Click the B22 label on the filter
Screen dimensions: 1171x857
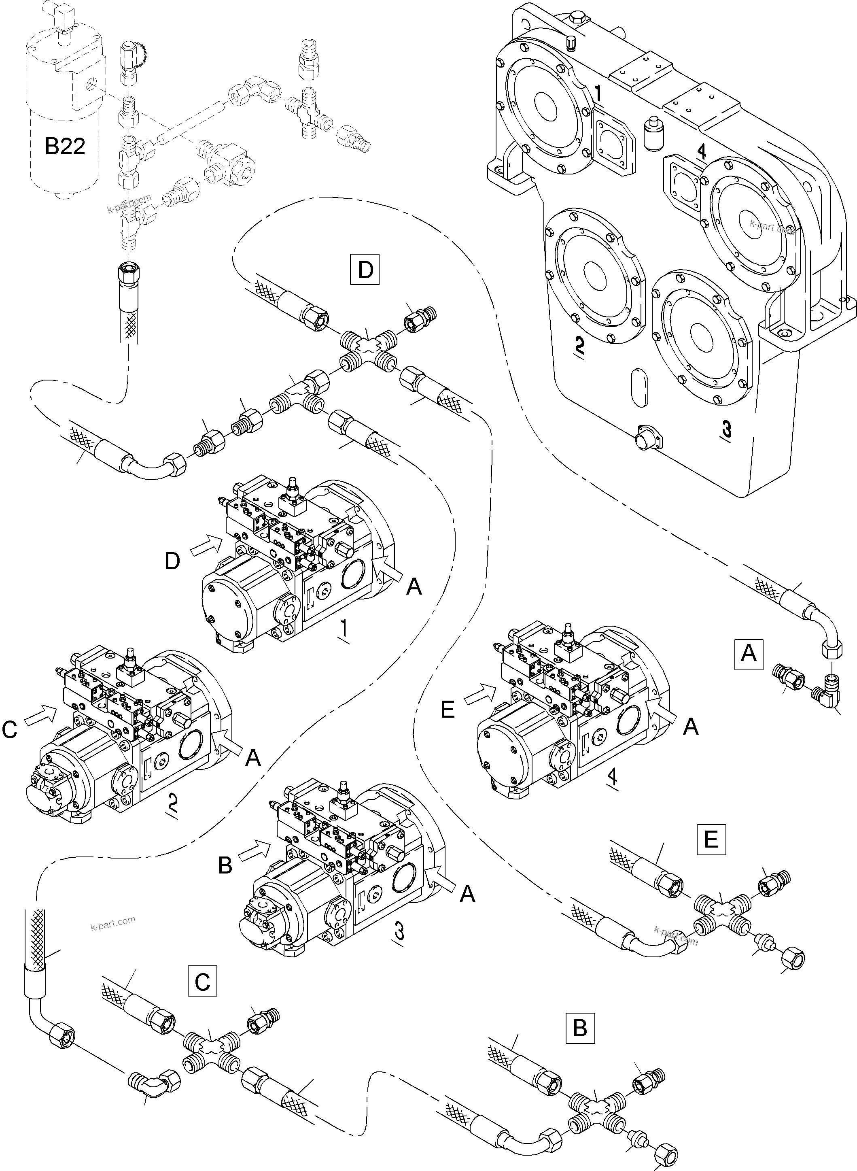point(65,146)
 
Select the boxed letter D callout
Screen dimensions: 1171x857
point(365,269)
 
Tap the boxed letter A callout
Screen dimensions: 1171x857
point(749,652)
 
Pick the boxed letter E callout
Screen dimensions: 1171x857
point(711,839)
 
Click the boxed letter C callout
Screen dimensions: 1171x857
point(202,981)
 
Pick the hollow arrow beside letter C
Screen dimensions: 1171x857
point(40,714)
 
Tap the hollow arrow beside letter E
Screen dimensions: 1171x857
point(480,695)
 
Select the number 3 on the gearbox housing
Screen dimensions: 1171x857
point(726,429)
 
